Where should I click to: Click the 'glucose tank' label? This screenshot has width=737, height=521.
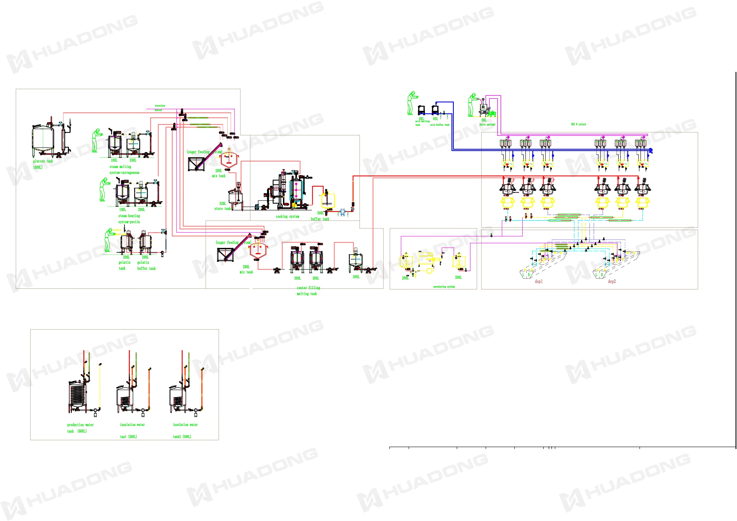43,161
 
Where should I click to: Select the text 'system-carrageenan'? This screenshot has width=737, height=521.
125,173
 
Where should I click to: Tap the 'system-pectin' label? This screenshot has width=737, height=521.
129,222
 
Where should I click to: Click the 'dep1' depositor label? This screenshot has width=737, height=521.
539,282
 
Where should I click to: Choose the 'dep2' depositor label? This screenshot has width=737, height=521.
612,282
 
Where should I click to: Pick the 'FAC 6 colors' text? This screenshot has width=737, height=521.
578,124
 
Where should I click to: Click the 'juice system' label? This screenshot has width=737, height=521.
487,125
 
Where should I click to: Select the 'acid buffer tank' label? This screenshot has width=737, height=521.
440,125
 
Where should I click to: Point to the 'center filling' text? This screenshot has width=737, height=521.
308,288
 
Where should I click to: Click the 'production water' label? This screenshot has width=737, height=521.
80,425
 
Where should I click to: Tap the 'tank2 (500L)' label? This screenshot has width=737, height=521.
182,437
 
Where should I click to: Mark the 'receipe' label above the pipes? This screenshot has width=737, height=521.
160,106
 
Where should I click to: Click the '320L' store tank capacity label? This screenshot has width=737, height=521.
222,203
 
